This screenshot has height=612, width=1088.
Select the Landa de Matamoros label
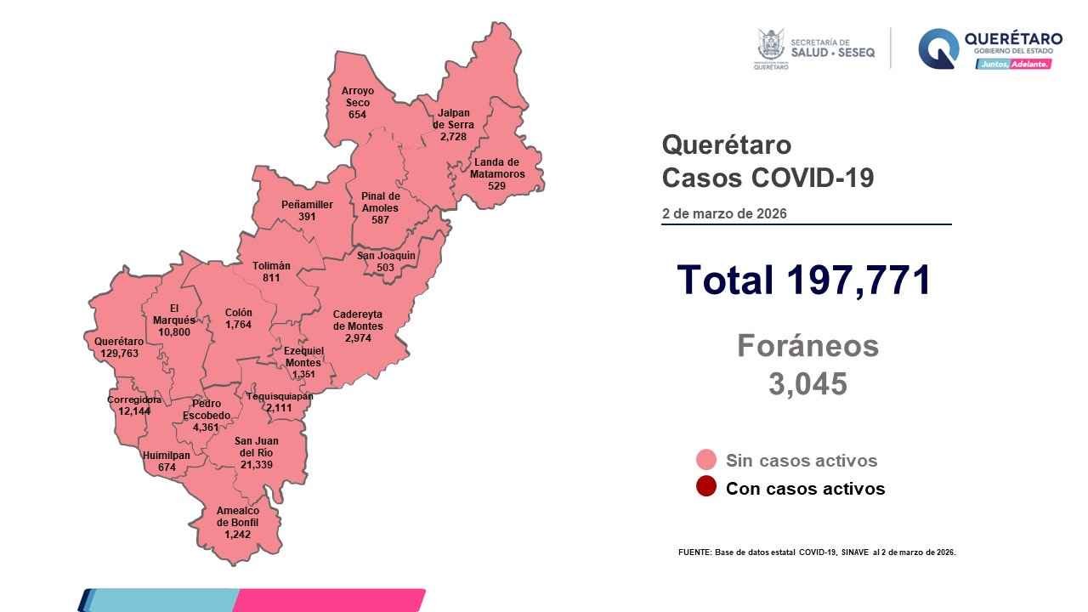point(497,167)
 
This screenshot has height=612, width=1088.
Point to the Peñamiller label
point(307,205)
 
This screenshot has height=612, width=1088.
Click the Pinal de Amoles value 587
point(379,219)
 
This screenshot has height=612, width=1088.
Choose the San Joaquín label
point(386,255)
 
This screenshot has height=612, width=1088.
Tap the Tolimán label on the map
point(271,265)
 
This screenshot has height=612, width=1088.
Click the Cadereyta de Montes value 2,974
point(358,338)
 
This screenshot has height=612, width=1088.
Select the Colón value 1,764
point(238,325)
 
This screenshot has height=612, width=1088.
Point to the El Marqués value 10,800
point(173,331)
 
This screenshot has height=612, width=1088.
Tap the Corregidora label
point(134,399)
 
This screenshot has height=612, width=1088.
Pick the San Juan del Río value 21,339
point(256,465)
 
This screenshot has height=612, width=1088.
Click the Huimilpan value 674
point(167,467)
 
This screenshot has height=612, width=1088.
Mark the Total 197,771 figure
point(802,280)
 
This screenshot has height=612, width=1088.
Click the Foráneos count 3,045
point(807,384)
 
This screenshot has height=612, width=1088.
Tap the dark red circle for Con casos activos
point(705,488)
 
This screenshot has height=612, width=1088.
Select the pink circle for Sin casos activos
point(705,461)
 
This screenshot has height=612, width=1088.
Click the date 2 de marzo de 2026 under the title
point(724,213)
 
